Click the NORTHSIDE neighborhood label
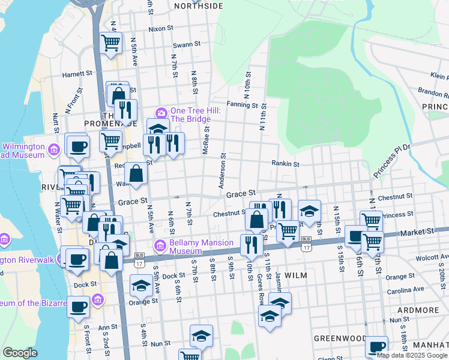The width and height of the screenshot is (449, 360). coord(198,6)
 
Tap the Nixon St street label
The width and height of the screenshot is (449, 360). coord(160,28)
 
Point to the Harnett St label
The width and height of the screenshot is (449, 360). coord(77,75)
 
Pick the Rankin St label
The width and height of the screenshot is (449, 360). coord(285,163)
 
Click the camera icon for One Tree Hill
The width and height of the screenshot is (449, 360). coord(161,112)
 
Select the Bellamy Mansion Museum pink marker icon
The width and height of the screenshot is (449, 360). coord(160,245)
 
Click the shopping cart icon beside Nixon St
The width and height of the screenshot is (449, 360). coord(111,43)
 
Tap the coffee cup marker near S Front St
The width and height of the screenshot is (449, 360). coord(78,307)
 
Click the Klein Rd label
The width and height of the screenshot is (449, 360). coord(439,76)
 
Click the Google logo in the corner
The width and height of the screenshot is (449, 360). coord(20,353)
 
